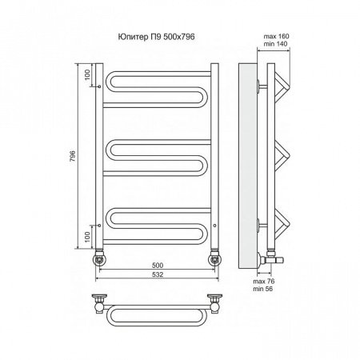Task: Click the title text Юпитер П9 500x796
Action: [156, 37]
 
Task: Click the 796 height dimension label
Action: [73, 156]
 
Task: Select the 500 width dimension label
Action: [158, 266]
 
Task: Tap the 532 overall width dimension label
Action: [158, 274]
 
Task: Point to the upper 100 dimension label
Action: [87, 74]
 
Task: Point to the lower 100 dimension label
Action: [87, 237]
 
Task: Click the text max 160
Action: [276, 36]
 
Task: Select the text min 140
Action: [276, 44]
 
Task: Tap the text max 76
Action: [264, 282]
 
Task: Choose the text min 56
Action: [263, 289]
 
